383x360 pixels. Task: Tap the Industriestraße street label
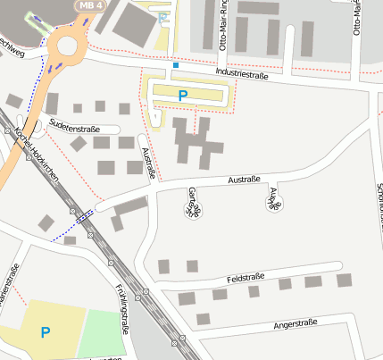tap(237, 78)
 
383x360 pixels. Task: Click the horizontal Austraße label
tap(244, 180)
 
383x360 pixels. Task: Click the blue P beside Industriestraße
tap(183, 95)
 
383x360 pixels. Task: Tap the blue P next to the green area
tap(45, 332)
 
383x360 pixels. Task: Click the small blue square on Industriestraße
tap(176, 65)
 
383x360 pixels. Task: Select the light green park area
tap(103, 333)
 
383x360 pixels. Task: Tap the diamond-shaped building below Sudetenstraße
tap(79, 144)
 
